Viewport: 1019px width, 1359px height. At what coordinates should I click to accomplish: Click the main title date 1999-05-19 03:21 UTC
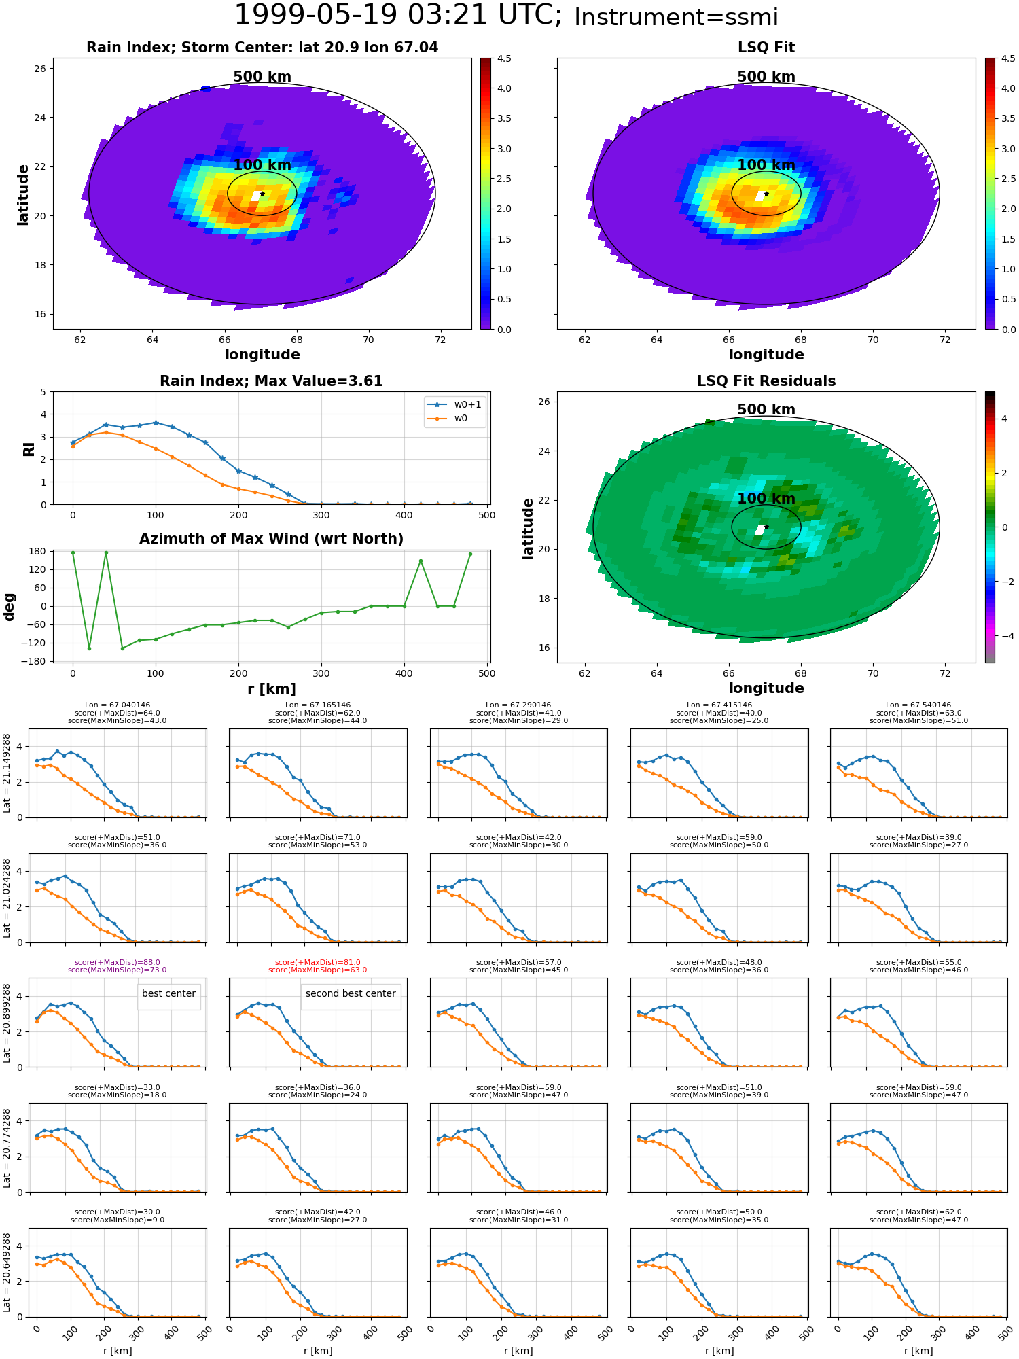[x=397, y=15]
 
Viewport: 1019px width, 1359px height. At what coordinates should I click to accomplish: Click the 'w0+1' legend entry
[x=467, y=405]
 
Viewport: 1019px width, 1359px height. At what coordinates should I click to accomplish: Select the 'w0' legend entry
[x=461, y=419]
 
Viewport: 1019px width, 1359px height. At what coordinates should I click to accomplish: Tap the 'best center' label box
[x=168, y=993]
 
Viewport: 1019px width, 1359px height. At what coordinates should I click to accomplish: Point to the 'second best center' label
[x=351, y=993]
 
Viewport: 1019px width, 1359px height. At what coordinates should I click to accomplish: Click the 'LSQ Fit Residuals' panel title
[x=766, y=381]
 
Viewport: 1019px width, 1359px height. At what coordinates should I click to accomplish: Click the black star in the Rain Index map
[x=262, y=194]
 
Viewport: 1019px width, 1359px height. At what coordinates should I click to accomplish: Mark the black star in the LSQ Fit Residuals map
[x=766, y=527]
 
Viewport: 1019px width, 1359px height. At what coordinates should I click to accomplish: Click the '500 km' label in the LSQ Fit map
[x=766, y=77]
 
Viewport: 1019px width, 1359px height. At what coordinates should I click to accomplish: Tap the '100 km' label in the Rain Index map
[x=262, y=165]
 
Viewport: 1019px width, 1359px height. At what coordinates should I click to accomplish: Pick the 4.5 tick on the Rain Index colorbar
[x=504, y=58]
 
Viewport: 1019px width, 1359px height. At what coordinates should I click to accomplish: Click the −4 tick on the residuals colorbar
[x=1005, y=636]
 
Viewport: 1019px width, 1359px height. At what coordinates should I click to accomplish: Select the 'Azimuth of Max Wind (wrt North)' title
[x=271, y=539]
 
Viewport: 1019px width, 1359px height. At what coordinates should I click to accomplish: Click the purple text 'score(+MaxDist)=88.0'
[x=118, y=962]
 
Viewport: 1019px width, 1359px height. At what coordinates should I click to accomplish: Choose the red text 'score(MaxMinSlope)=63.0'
[x=318, y=970]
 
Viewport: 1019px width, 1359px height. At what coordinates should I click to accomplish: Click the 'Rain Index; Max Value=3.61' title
[x=271, y=381]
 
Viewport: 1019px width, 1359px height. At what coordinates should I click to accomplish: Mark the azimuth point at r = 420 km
[x=421, y=561]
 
